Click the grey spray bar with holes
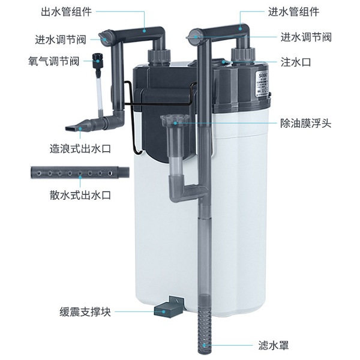pyautogui.click(x=78, y=173)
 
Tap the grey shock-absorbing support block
pyautogui.click(x=169, y=307)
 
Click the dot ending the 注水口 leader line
pyautogui.click(x=224, y=61)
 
